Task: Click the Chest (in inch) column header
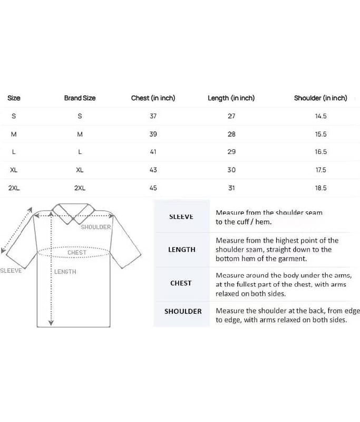point(153,98)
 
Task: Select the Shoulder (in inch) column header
point(320,98)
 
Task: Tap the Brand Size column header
point(80,98)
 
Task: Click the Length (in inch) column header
point(231,98)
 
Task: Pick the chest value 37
point(153,116)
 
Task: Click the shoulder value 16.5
point(320,152)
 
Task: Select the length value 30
point(231,170)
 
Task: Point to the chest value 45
point(153,188)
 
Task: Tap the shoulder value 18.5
point(320,188)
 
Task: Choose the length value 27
point(231,116)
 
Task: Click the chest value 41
point(153,152)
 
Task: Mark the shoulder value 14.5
point(320,116)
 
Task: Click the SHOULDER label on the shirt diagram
point(96,227)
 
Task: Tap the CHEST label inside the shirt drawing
point(77,253)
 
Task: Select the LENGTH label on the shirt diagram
point(65,272)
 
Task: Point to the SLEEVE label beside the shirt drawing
point(11,271)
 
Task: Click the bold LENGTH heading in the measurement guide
point(181,250)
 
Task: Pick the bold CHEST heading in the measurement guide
point(181,283)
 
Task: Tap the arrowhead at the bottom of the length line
point(51,323)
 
